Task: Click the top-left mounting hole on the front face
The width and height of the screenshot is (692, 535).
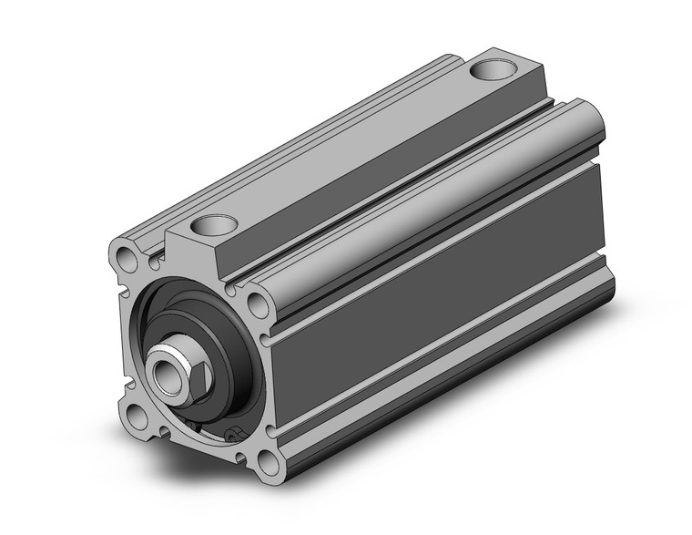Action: tap(128, 256)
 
